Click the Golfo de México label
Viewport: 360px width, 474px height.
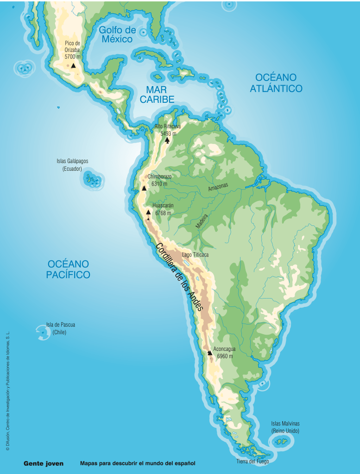[x=117, y=35]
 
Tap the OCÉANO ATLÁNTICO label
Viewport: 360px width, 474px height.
[x=276, y=83]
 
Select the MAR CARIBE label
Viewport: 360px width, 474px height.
[x=157, y=94]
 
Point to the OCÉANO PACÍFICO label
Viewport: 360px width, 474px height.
[x=68, y=269]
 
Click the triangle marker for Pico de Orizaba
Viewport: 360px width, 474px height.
[x=73, y=66]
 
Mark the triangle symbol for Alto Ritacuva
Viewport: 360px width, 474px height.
[x=167, y=140]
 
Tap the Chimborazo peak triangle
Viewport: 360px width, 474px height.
[x=144, y=188]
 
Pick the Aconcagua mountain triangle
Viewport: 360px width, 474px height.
[x=209, y=353]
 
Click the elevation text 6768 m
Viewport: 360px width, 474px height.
[x=163, y=213]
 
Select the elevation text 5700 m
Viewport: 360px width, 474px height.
[x=73, y=56]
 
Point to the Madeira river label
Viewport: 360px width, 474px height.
[x=202, y=221]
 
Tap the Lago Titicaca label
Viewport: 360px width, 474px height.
[x=195, y=255]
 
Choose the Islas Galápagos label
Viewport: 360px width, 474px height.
[x=72, y=165]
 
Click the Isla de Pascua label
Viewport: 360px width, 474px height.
[x=60, y=328]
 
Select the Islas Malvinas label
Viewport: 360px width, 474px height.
[x=285, y=427]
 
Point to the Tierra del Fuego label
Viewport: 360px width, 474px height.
[x=253, y=461]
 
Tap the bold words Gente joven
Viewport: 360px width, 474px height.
[x=44, y=463]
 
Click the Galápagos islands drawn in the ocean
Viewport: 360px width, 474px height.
[x=95, y=181]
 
